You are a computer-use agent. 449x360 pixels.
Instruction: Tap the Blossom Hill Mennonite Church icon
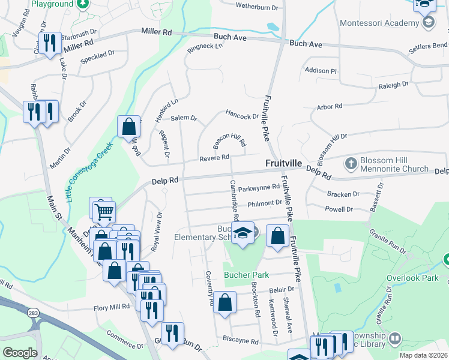351,163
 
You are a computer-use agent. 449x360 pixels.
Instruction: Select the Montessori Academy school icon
428,23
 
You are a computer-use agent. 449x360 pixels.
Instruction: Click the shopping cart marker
104,210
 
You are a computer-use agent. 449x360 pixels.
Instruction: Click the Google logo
20,352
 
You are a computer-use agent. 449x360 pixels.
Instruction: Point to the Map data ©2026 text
423,355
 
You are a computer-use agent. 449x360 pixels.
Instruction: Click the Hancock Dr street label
241,114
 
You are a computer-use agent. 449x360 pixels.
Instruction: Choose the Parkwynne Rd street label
258,188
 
